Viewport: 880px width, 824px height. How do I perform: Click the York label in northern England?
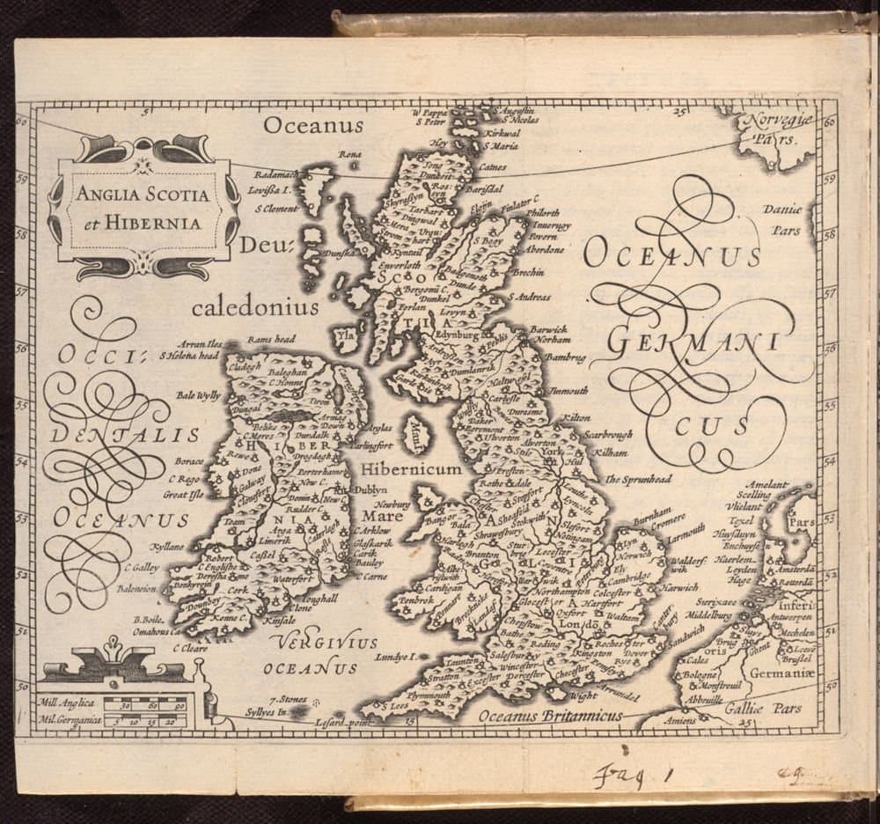click(552, 449)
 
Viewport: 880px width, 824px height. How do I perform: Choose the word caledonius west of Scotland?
click(255, 307)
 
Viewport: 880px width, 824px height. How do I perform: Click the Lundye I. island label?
click(392, 657)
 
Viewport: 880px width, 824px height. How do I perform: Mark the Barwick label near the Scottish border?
click(550, 328)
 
